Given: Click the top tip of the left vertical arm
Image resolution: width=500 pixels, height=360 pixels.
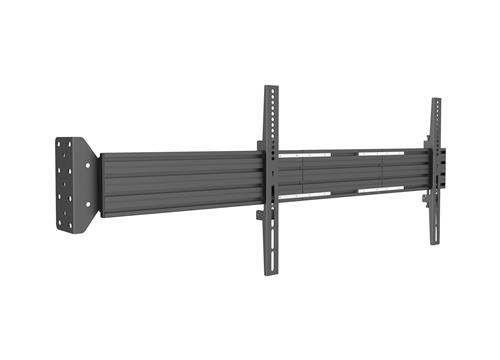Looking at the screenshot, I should [x=270, y=88].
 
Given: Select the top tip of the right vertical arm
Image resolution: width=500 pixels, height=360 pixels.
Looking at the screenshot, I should [x=436, y=101].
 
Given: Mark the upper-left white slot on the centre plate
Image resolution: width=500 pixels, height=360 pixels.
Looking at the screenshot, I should [x=317, y=154].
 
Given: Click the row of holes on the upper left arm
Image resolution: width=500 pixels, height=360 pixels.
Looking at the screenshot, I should [x=270, y=115].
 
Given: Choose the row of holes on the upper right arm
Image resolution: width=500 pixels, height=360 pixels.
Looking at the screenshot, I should [x=436, y=120].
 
